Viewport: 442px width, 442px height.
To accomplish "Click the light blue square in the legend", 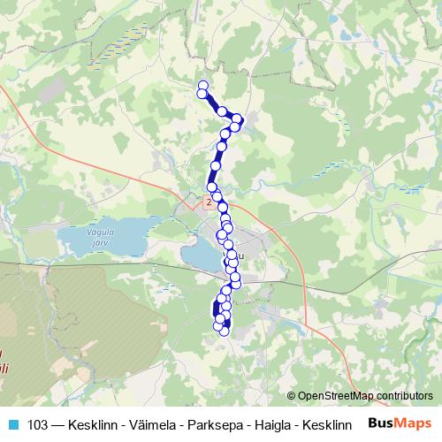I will click(14, 424).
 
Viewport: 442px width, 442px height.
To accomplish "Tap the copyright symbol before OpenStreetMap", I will click(293, 396).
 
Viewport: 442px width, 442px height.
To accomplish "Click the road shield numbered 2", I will click(208, 202).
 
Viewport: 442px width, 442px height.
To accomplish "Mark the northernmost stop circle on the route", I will click(202, 85).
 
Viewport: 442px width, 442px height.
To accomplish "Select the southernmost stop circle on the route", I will click(224, 332).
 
